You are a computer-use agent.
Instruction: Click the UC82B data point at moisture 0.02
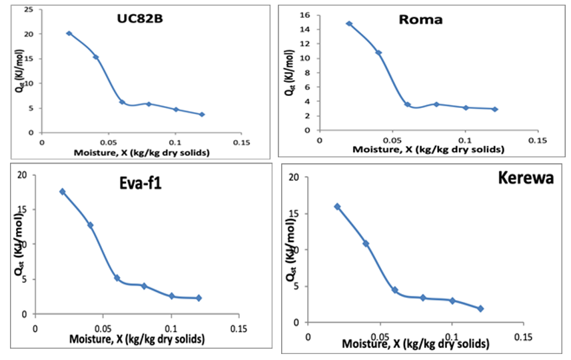(x=69, y=33)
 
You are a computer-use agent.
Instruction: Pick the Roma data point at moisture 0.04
(x=378, y=53)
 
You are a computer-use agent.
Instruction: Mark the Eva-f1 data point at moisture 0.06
(x=117, y=278)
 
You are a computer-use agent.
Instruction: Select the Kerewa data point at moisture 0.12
(x=480, y=309)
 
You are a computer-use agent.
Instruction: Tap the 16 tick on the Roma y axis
(x=307, y=15)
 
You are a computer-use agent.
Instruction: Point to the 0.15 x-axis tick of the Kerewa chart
(x=523, y=337)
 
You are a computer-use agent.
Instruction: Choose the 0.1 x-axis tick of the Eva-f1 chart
(x=171, y=329)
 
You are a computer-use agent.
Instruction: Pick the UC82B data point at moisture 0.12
(x=202, y=115)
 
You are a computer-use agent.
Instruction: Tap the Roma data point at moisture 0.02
(x=349, y=24)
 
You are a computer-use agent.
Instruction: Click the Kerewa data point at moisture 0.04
(x=366, y=244)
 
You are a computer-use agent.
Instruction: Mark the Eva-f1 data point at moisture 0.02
(x=63, y=192)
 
